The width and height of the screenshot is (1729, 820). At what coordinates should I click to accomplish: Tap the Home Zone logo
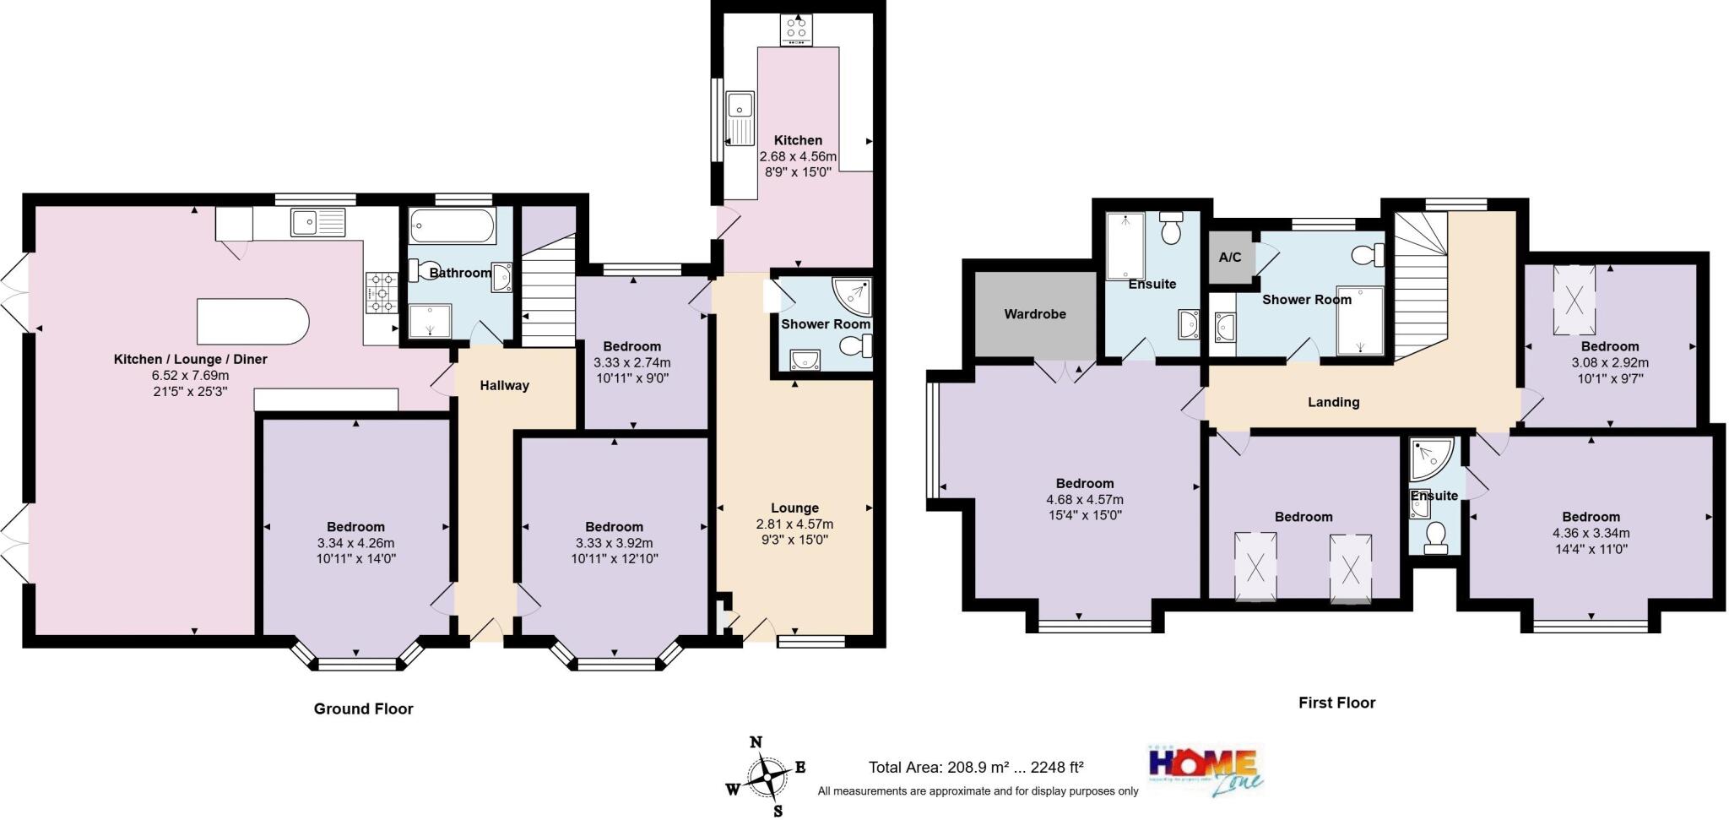coord(1206,768)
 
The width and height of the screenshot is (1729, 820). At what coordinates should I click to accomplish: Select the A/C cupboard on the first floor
coord(1230,258)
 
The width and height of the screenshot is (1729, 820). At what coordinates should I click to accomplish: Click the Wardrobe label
coord(1034,314)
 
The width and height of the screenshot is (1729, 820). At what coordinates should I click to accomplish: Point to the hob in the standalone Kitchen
coord(795,30)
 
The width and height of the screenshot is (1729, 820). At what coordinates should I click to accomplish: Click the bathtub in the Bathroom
coord(453,226)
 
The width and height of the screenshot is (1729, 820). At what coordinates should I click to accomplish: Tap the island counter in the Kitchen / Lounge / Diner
coord(252,321)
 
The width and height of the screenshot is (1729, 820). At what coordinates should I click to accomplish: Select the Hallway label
coord(504,386)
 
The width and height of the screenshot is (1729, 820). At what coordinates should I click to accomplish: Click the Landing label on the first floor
coord(1333,402)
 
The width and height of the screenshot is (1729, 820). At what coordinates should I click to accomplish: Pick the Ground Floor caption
coord(363,709)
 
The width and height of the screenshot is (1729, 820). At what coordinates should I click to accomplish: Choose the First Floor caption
coord(1336,703)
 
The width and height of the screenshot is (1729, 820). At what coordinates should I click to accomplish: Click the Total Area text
coord(975,768)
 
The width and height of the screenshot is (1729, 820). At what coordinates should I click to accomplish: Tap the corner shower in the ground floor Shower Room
coord(853,294)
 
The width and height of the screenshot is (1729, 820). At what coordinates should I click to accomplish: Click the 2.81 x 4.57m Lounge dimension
coord(794,524)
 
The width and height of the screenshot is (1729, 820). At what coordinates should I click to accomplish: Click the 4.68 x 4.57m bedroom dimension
coord(1084,499)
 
